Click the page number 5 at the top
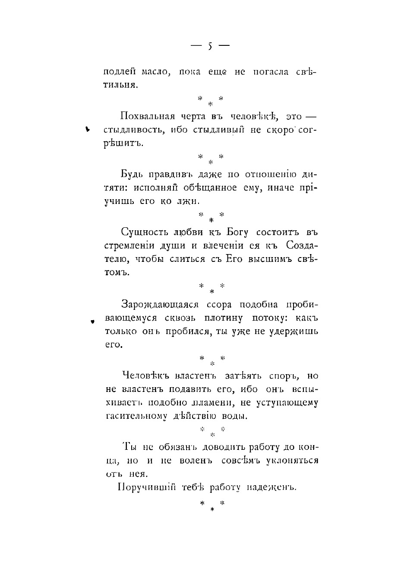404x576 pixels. [x=210, y=46]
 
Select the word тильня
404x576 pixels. [x=121, y=85]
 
